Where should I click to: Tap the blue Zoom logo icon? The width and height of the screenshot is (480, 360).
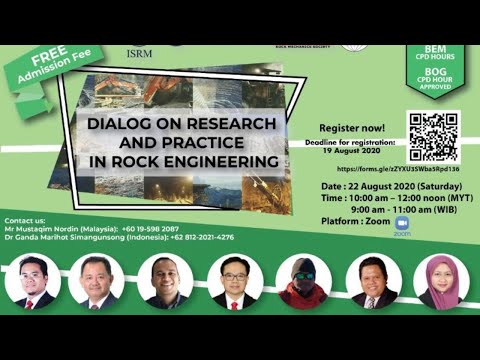point(403,223)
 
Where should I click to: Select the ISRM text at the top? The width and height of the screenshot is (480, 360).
point(142,56)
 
